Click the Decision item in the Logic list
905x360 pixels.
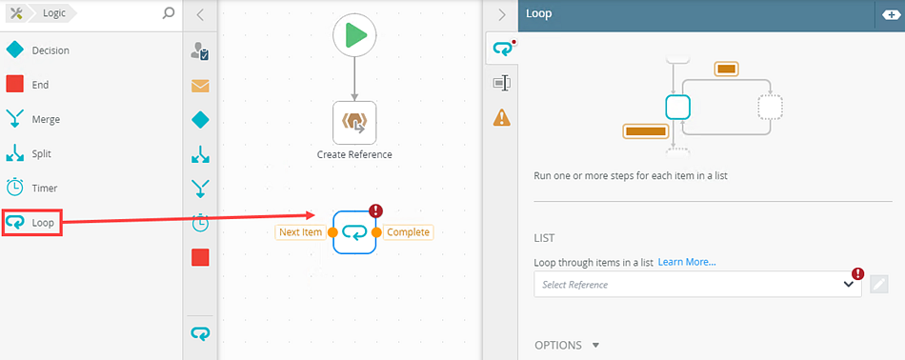click(37, 50)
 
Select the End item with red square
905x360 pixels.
click(27, 85)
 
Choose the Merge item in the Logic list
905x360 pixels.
click(33, 119)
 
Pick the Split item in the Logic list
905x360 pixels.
click(29, 154)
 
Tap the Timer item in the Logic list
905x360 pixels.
click(31, 188)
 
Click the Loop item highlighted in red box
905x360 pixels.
click(32, 223)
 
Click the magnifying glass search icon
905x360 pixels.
click(169, 12)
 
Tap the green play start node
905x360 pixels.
click(354, 35)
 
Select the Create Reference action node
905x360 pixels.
click(354, 123)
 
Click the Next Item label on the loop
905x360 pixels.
click(299, 232)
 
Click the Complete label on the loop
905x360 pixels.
click(408, 232)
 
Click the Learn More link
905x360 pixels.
click(687, 262)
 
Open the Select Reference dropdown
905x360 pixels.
click(697, 285)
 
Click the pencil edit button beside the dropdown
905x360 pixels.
click(878, 285)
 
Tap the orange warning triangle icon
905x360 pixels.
click(501, 117)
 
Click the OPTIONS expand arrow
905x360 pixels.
click(596, 346)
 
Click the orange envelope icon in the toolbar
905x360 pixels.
click(200, 86)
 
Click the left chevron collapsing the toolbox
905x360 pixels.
click(200, 15)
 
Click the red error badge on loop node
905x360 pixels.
click(375, 210)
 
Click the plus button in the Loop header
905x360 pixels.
click(891, 15)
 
